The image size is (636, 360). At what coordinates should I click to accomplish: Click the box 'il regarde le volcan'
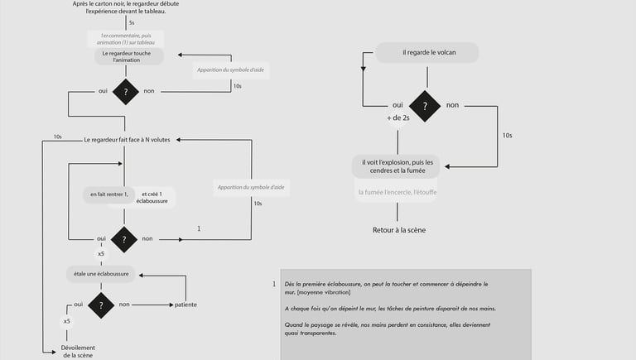(x=428, y=53)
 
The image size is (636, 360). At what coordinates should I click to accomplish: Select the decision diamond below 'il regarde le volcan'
(x=425, y=106)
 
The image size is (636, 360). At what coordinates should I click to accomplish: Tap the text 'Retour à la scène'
(x=398, y=230)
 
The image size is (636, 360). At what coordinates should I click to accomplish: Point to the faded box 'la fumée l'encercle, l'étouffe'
(x=397, y=194)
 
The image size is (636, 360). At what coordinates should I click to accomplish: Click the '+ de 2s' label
(x=398, y=118)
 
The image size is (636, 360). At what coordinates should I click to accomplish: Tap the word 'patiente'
(x=185, y=305)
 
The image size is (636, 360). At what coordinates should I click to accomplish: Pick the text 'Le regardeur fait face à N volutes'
(x=127, y=140)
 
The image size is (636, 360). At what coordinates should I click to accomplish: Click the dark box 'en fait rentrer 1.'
(x=109, y=195)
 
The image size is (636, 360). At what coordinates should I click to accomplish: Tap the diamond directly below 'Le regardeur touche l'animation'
(x=125, y=92)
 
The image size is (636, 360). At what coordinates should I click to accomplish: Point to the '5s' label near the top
(x=132, y=22)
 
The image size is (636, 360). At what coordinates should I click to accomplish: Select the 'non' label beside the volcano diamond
(x=452, y=106)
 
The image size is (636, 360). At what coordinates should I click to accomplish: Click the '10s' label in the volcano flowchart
(x=507, y=135)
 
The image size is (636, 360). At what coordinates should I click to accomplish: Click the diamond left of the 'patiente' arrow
(x=101, y=305)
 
